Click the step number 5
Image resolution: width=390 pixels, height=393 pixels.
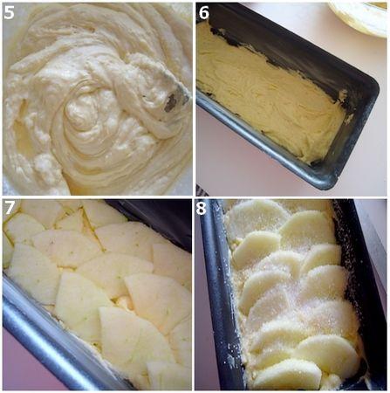10,12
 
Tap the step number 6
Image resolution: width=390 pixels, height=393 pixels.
204,12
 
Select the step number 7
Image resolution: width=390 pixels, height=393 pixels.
10,208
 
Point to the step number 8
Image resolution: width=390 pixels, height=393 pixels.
204,208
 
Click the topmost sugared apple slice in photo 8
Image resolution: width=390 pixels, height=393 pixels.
257,217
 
